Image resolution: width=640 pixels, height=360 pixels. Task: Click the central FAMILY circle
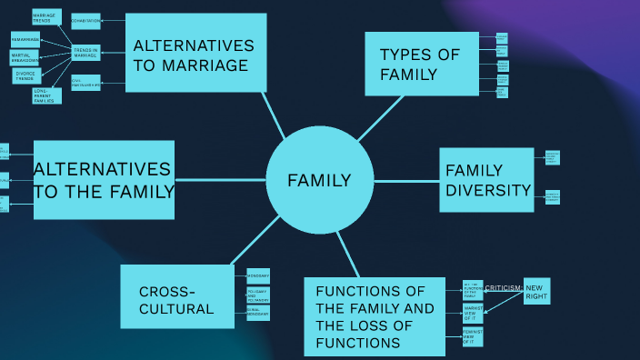(319, 180)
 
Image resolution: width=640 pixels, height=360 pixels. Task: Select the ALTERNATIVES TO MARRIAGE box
(195, 53)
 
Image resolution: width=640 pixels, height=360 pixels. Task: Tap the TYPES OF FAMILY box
(421, 64)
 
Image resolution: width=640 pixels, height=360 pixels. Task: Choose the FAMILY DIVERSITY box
(486, 180)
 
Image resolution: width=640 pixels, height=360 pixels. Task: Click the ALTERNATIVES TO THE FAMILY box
(104, 180)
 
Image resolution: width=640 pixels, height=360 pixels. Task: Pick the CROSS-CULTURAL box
(176, 296)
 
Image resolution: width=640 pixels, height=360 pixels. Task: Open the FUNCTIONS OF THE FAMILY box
(375, 316)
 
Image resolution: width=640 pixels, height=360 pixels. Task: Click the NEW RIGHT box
(536, 291)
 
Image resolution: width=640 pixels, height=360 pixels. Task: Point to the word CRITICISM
(503, 288)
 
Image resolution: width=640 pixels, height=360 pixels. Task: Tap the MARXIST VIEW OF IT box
(473, 314)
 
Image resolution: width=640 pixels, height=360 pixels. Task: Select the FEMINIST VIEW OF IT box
(473, 337)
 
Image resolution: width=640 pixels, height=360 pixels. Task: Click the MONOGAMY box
(258, 275)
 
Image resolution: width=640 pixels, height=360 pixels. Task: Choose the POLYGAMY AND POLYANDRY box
(258, 295)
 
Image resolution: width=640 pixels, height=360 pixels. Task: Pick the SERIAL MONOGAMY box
(258, 312)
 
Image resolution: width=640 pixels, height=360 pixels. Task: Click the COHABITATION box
(86, 21)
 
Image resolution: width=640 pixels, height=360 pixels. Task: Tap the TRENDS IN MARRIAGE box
(86, 52)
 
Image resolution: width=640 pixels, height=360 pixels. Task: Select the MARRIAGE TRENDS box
(45, 17)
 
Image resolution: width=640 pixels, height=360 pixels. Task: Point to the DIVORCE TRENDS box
(26, 75)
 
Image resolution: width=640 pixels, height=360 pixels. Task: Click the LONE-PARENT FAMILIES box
(45, 95)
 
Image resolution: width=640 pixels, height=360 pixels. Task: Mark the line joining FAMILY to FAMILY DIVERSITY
(406, 181)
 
